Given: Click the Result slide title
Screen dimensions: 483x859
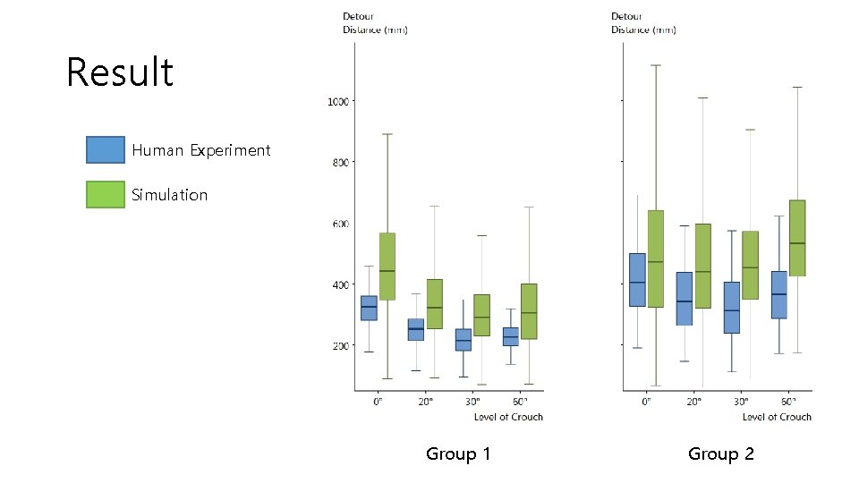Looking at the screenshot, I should (120, 72).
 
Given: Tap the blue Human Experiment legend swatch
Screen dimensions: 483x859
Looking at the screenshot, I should (105, 150).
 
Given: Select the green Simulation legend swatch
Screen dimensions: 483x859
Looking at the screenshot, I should (105, 194).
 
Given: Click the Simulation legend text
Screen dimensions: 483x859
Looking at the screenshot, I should (169, 195).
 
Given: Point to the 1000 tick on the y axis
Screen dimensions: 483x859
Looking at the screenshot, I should (337, 102).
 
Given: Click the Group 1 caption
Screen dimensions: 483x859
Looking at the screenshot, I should (458, 454).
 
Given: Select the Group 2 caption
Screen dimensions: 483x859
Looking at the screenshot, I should (720, 454).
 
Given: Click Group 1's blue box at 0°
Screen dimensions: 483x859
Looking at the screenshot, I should (369, 308).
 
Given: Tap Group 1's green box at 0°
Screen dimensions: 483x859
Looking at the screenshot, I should (387, 267).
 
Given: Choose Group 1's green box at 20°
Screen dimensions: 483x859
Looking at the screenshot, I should (434, 304).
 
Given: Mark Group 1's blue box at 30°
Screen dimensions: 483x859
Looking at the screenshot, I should (464, 340).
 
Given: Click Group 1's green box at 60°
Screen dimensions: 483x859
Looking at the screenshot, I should (529, 311).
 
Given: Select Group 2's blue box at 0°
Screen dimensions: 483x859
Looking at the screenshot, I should (637, 280).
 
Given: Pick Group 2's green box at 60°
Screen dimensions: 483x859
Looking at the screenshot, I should (797, 238).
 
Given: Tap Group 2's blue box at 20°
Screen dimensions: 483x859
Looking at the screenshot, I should (684, 299).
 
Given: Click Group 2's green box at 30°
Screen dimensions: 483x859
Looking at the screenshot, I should (750, 266).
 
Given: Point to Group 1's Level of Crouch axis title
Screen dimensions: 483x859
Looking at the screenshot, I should (508, 417).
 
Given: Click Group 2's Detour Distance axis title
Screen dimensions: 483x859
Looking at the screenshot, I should (643, 23).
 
